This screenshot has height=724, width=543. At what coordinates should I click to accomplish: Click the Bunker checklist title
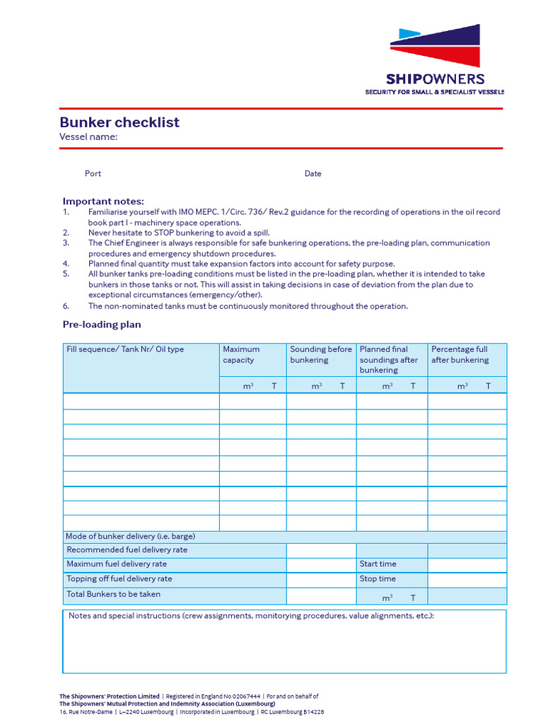coord(119,122)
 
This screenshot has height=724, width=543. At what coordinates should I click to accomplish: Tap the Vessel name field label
coord(88,137)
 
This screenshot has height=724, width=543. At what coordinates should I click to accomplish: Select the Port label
coord(93,173)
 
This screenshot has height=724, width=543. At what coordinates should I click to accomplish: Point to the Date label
coord(313,173)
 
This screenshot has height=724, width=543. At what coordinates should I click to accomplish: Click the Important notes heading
coord(103,201)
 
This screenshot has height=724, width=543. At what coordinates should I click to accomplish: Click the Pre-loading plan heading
coord(102,325)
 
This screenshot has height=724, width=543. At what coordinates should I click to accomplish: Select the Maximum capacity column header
coord(241,354)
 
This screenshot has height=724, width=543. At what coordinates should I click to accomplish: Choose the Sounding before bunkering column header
coord(320,354)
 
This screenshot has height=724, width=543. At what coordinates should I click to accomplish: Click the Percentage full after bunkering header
coord(460,354)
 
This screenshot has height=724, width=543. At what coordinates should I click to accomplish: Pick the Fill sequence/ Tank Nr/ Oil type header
coord(125,349)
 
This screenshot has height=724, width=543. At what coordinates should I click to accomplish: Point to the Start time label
coord(378,564)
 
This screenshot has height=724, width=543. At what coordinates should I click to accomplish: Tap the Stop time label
coord(378,579)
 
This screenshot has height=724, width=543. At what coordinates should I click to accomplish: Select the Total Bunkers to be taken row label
coord(113,594)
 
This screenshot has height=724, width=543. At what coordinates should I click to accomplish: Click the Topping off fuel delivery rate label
coord(119,579)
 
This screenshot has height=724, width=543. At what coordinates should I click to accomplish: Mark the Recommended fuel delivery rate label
coord(127,549)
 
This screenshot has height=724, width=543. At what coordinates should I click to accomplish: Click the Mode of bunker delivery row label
coord(130,536)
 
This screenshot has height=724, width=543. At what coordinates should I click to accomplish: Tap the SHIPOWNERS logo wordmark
coord(435,79)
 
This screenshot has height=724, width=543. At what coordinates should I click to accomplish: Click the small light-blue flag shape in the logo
coord(409,33)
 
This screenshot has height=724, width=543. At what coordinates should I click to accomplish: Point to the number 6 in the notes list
coord(66,306)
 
